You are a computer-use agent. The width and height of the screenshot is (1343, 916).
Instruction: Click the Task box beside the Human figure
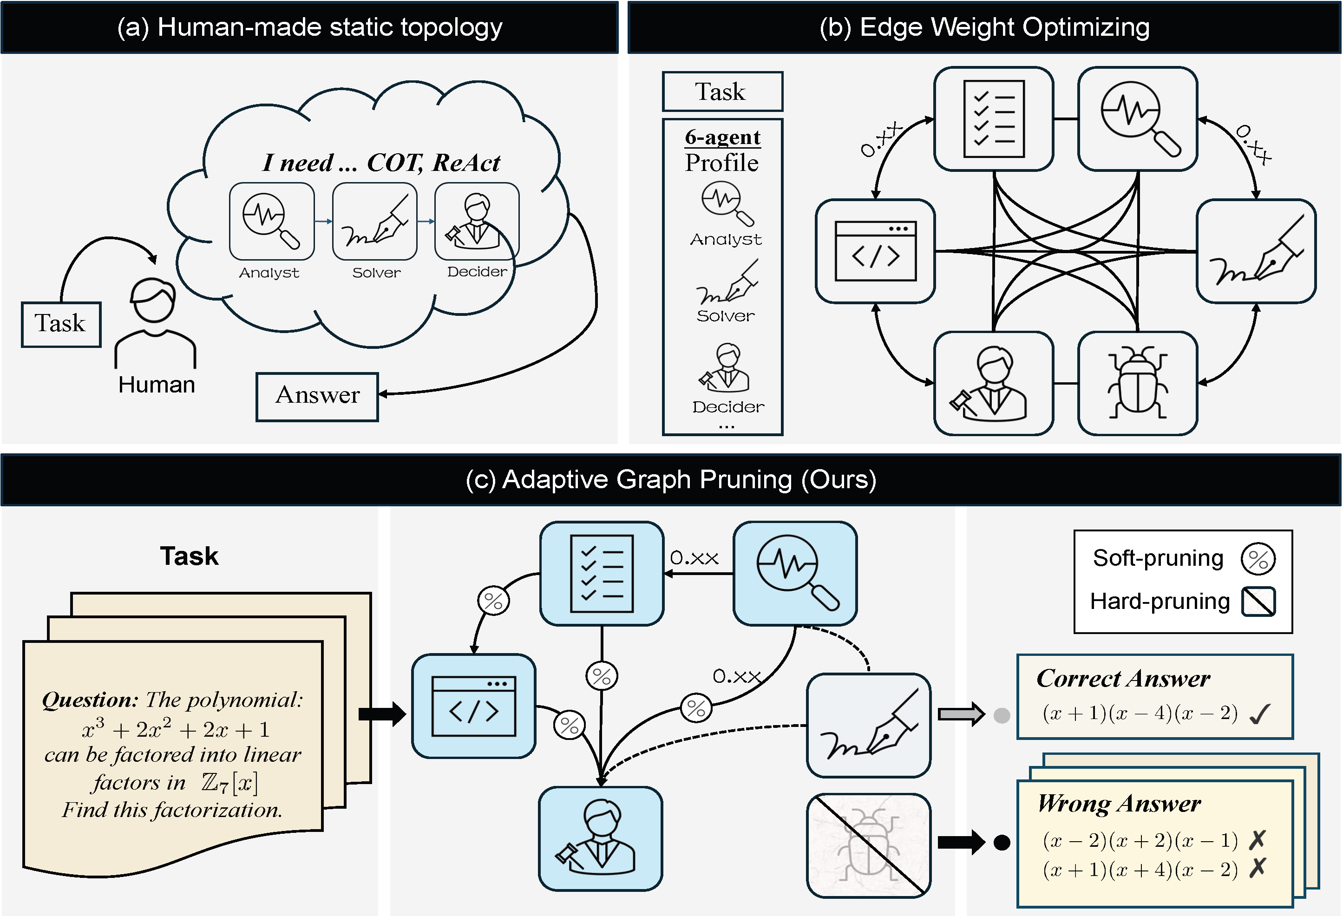point(61,324)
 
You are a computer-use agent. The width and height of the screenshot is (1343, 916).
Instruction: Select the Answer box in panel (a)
point(317,396)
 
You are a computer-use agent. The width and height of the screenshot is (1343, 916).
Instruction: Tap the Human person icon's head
point(153,301)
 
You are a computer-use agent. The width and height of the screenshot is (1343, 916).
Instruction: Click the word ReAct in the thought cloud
point(466,163)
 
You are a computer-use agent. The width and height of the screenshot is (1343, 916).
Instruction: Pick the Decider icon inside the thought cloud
point(477,222)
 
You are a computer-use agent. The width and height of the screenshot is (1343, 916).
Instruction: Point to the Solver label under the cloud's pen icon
point(376,273)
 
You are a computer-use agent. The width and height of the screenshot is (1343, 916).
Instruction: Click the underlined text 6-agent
point(722,137)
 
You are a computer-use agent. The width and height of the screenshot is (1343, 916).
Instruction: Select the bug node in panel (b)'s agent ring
point(1137,383)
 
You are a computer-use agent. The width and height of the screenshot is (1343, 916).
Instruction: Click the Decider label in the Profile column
point(728,407)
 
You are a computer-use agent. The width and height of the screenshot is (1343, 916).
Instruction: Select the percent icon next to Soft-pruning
point(1258,559)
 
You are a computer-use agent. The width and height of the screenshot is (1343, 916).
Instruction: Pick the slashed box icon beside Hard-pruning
point(1258,602)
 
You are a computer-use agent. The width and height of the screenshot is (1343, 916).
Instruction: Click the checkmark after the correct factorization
point(1259,714)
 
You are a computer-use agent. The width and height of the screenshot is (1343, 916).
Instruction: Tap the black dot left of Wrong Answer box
point(1002,843)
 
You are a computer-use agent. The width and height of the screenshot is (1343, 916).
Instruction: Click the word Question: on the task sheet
point(90,700)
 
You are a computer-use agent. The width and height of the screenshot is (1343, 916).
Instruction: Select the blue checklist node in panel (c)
point(602,573)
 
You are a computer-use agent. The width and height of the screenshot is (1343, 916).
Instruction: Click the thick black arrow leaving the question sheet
point(382,714)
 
